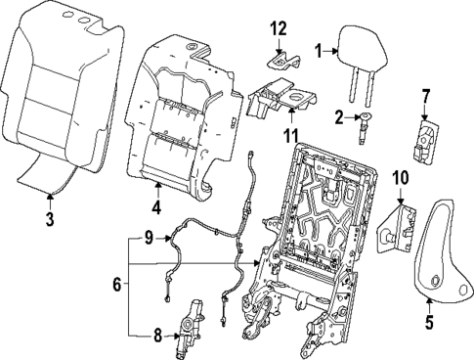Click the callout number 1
318,49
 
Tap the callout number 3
51,218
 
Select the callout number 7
425,97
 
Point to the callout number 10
399,177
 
